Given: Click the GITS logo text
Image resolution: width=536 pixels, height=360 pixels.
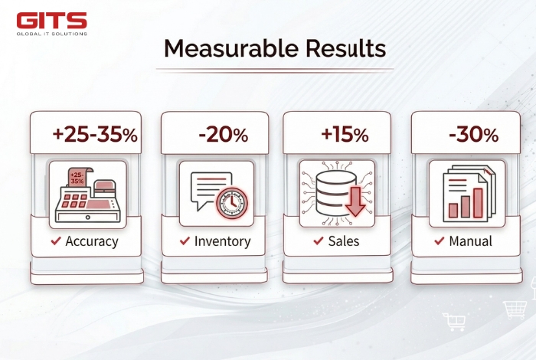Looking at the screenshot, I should coord(52,20).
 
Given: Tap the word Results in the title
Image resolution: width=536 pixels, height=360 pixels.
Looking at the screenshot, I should coord(342,49).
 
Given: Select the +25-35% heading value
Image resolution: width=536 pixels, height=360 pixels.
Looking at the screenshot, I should coord(94,136).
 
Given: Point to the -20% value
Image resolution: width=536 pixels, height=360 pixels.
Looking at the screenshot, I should coord(223,136).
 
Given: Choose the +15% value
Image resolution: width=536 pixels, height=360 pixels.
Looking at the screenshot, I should coord(345,136).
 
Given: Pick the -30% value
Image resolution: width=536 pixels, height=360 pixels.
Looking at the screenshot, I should coord(473,136).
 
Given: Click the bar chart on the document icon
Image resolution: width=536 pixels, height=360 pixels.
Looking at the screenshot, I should coord(466,201).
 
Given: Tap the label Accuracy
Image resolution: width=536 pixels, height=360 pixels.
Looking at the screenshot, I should coord(92,241).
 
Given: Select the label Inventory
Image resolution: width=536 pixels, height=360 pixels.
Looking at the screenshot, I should coord(222,241).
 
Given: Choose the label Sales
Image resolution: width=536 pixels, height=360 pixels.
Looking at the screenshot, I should coord(345,241).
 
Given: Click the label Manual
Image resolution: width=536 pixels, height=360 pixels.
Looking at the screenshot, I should coord(471,241).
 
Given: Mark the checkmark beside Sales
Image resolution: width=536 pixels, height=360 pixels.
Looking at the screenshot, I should coord(318,241).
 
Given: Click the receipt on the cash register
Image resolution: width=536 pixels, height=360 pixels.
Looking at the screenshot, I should coord(77,178).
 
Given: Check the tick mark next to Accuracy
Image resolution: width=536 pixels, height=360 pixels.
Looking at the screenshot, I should coord(56,241).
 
